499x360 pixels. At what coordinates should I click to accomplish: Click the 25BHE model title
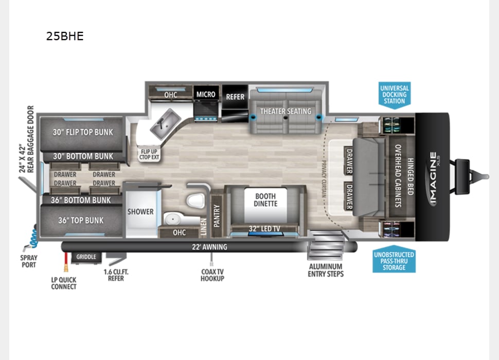point(65,36)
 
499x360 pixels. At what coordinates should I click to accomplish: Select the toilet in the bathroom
point(195,200)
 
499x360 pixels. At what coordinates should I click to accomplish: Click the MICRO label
point(206,95)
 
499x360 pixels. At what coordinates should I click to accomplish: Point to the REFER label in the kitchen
point(235,97)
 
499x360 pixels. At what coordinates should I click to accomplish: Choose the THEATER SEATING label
point(286,111)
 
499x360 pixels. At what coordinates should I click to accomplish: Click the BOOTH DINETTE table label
point(265,200)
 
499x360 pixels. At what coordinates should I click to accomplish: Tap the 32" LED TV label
point(264,228)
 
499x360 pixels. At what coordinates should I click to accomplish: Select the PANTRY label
point(217,215)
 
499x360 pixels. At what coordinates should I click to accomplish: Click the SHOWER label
point(140,211)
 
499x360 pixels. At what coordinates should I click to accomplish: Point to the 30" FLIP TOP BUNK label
point(83,132)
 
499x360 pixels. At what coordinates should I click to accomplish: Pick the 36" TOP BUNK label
point(81,221)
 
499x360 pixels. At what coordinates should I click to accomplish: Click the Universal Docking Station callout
point(394,95)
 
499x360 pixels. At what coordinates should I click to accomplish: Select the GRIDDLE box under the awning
point(86,257)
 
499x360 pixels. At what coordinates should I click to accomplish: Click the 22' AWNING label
point(209,247)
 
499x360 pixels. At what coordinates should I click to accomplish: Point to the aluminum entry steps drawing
point(326,245)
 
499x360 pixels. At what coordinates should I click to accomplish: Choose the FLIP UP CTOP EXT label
point(149,154)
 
